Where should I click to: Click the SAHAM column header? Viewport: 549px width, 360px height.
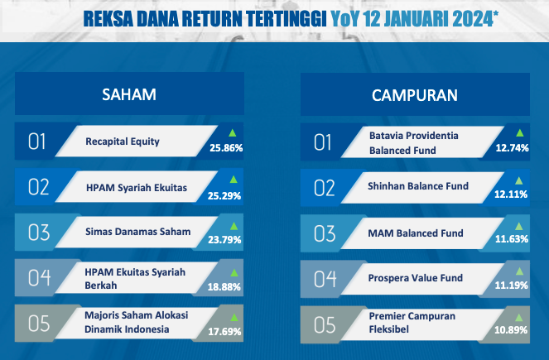coord(129,94)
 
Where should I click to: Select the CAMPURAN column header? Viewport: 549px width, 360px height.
coord(415,95)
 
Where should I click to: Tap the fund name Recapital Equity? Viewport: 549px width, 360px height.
coord(123,142)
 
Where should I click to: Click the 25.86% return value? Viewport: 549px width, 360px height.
coord(226,148)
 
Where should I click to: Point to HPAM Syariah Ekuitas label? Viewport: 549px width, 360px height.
coord(137,188)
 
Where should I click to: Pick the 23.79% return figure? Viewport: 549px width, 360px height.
coord(224,240)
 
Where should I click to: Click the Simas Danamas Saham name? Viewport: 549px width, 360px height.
coord(138,232)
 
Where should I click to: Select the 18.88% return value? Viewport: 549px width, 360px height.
coord(224,287)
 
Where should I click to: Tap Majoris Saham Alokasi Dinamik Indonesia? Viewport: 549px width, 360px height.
coord(136,322)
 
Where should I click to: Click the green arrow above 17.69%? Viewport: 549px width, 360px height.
coord(234,318)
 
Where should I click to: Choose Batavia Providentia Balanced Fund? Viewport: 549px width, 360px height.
coord(413,143)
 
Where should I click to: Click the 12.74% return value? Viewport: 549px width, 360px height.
coord(512,148)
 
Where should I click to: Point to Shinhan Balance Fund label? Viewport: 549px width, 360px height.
coord(418,186)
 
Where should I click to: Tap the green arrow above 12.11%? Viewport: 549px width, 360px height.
coord(519,180)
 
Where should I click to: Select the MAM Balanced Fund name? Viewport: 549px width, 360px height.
coord(416,233)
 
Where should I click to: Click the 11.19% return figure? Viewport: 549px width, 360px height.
coord(511,286)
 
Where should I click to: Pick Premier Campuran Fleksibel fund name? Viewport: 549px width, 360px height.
coord(412,323)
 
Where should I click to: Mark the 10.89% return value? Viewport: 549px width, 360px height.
coord(511,329)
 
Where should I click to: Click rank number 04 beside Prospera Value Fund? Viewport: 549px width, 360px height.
coord(325,279)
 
